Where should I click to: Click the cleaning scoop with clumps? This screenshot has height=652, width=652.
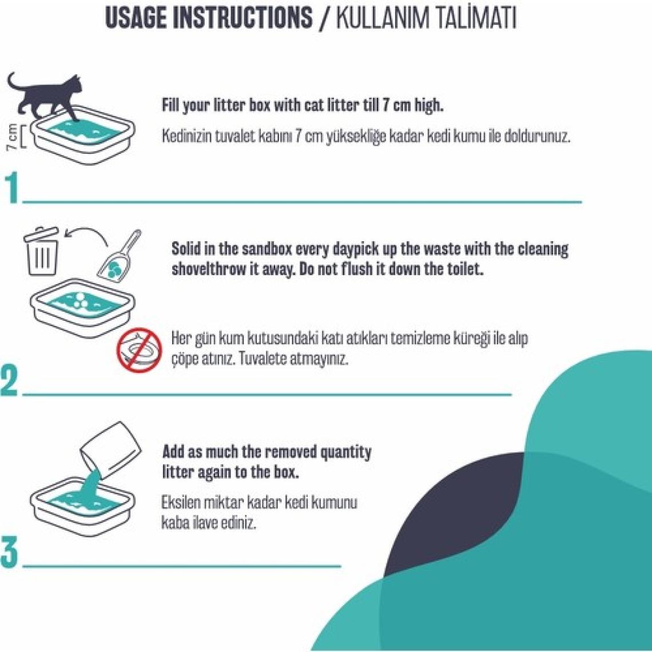pos(118,255)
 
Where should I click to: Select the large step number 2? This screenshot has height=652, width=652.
pos(10,380)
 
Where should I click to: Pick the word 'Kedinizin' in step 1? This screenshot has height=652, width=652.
pos(186,136)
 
